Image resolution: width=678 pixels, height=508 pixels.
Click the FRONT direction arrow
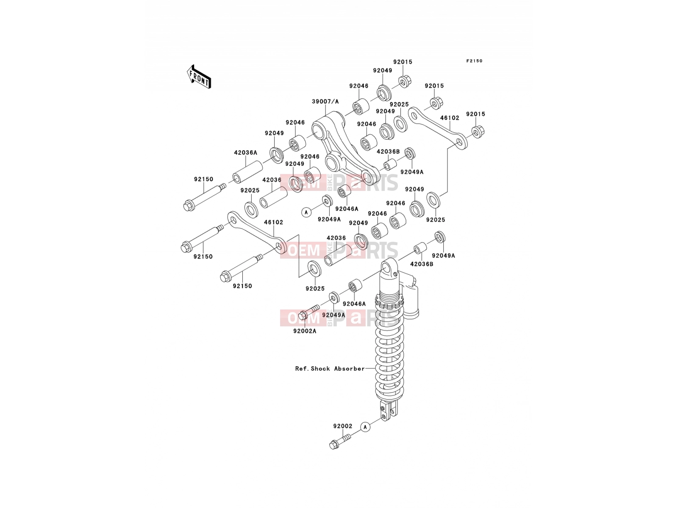click(x=199, y=77)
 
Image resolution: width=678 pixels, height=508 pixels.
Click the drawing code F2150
click(x=474, y=61)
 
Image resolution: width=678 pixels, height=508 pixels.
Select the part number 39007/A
click(x=325, y=102)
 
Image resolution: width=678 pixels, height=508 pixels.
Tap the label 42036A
click(x=245, y=153)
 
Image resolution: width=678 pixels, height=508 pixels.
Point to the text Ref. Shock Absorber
click(x=330, y=369)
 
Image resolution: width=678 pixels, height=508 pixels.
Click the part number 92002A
click(x=305, y=331)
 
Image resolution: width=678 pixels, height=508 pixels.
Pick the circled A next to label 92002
click(x=365, y=427)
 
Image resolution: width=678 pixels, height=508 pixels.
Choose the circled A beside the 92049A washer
click(x=306, y=212)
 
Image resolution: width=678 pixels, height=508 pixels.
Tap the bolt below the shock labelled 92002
click(x=340, y=441)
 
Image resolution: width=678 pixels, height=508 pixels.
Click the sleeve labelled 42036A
click(x=248, y=172)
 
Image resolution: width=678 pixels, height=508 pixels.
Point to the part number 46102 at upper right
click(x=450, y=118)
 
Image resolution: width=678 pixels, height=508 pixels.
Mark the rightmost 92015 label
click(x=476, y=114)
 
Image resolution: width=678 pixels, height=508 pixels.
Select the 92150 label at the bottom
click(x=242, y=286)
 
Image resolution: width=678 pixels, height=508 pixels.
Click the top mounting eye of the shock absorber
click(x=389, y=268)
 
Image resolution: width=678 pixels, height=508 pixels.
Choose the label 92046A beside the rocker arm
click(x=347, y=209)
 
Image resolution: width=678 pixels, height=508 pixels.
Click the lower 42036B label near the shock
click(x=422, y=264)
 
